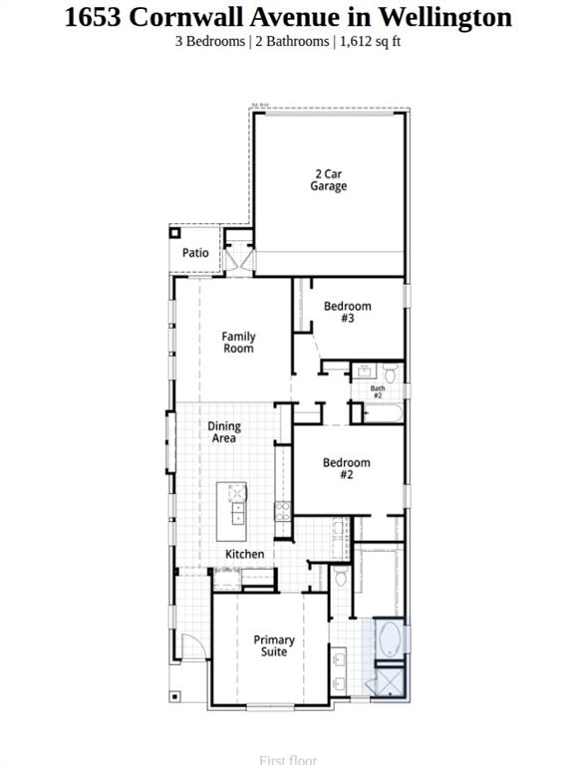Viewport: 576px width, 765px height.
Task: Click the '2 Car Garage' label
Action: coord(328,180)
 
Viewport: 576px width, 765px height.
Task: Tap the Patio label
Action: coord(195,253)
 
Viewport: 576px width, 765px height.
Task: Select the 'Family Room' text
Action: coord(238,343)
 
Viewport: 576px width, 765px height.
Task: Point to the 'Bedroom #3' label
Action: coord(347,312)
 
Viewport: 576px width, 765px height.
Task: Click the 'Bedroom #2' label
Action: coord(346,468)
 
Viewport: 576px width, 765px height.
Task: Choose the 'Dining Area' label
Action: coord(224,432)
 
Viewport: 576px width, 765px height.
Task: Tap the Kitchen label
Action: coord(244,554)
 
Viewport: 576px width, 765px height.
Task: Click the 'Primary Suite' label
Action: coord(274,645)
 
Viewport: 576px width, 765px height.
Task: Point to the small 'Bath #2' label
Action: coord(378,392)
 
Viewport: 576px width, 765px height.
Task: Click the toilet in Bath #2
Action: coord(390,374)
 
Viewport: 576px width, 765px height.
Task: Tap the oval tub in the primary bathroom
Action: coord(389,640)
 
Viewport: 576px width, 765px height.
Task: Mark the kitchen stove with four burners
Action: coord(283,512)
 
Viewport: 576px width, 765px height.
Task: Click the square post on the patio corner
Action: coord(174,232)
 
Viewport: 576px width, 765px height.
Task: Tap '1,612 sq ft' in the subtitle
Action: coord(370,41)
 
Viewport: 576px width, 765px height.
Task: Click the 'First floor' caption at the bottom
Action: coord(287,759)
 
